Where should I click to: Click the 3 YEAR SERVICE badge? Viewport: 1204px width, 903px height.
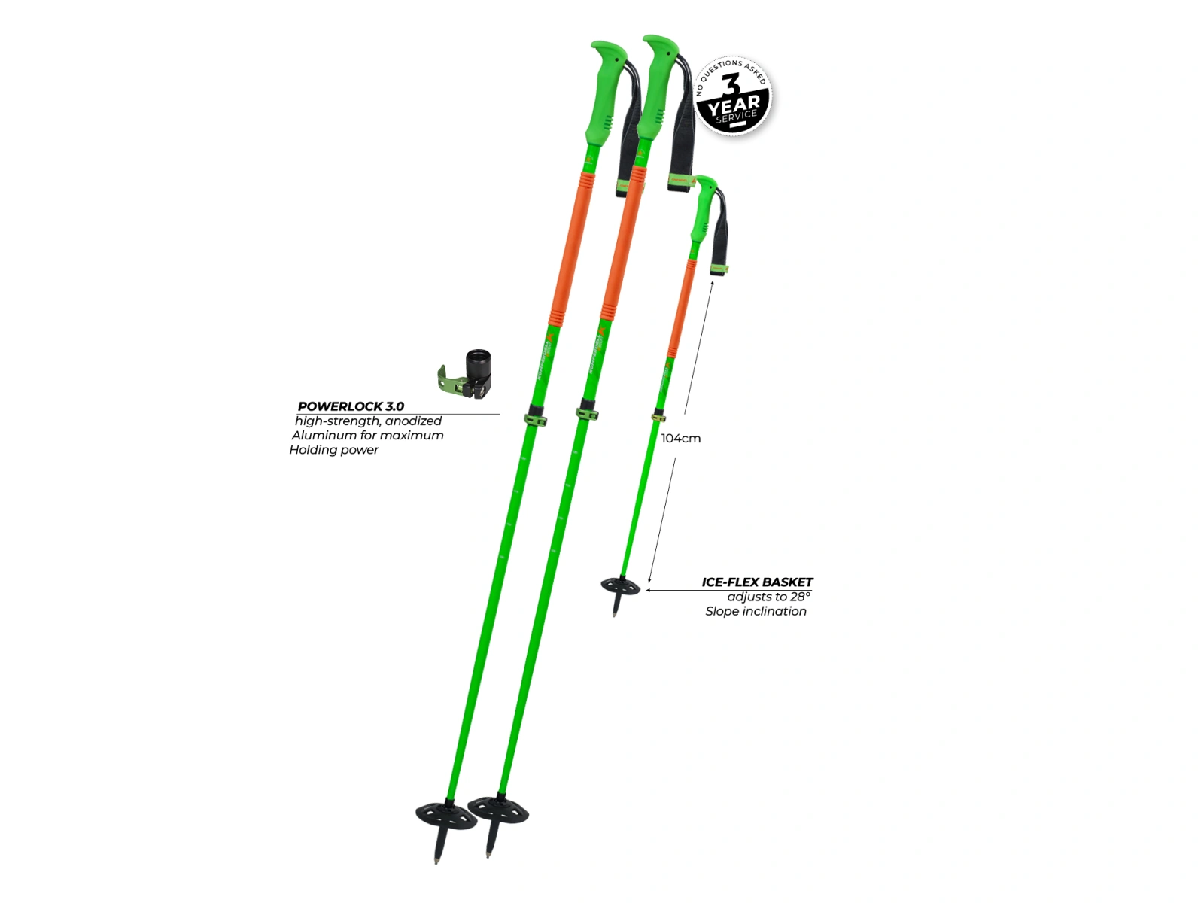pos(733,96)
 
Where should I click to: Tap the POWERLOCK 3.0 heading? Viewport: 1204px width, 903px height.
pos(351,406)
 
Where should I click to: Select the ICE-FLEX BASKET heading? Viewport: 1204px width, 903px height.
pos(757,582)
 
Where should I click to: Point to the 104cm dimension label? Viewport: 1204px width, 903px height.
pos(681,438)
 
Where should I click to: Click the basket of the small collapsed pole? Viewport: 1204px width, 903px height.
pos(620,585)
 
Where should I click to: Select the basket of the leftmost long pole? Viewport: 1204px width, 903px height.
pos(445,815)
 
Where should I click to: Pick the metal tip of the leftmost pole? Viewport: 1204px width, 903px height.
pos(436,858)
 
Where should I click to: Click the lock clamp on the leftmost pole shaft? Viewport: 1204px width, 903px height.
pos(535,418)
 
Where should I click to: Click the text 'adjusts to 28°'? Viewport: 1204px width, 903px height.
pos(768,597)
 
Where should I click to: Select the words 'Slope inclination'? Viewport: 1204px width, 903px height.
pos(756,611)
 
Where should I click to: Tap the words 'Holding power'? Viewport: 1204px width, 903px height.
pos(334,450)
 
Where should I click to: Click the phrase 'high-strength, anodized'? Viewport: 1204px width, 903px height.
pos(368,421)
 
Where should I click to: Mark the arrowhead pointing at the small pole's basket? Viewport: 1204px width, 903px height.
pos(649,590)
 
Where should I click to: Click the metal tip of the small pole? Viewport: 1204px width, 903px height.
pos(615,614)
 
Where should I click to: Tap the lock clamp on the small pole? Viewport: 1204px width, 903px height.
pos(658,416)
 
